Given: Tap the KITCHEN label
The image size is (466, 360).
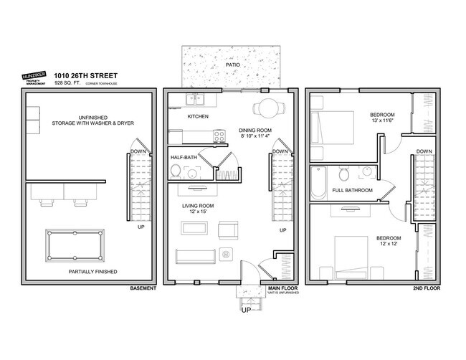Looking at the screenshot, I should [x=198, y=116].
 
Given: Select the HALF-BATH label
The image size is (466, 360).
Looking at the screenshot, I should [x=184, y=156].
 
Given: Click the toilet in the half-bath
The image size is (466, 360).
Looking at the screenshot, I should [x=176, y=170].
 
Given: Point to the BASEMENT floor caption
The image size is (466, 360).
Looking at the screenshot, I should [x=142, y=289].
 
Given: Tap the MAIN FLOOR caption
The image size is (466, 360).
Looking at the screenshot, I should [x=280, y=289].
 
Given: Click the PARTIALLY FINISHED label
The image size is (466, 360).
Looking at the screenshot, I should [x=92, y=272].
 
